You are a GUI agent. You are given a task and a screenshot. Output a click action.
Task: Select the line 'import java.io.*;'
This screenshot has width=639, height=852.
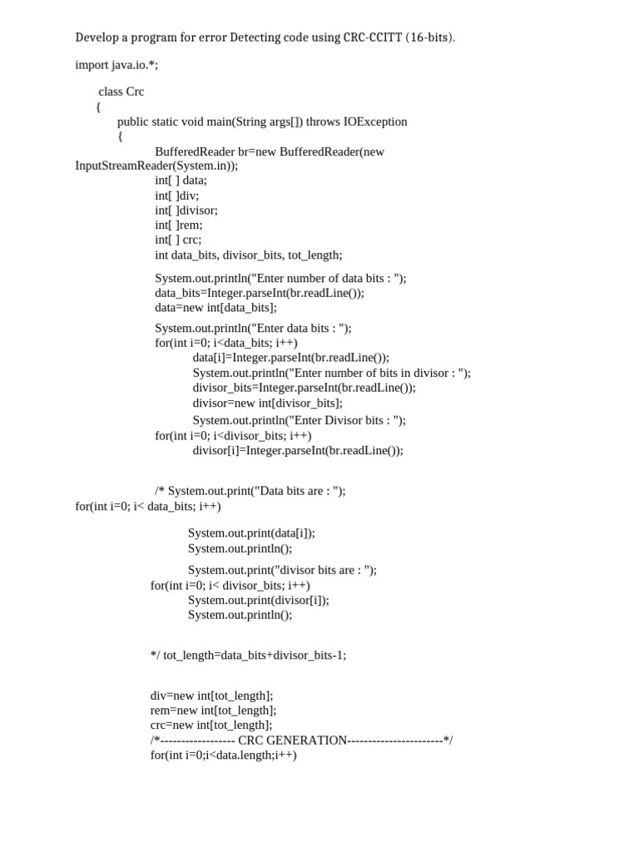click(x=116, y=65)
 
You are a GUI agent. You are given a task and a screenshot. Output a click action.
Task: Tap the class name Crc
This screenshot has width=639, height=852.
click(x=136, y=92)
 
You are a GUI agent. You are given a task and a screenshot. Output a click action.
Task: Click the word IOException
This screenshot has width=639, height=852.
click(x=375, y=121)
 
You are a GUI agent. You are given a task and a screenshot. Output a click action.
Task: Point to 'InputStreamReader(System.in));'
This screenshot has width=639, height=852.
click(x=156, y=166)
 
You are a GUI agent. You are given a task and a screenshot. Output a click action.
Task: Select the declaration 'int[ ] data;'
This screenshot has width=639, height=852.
click(x=181, y=181)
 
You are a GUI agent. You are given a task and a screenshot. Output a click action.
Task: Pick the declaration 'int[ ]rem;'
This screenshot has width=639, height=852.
click(x=179, y=225)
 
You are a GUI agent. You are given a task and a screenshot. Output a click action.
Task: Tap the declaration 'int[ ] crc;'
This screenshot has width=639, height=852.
click(x=178, y=240)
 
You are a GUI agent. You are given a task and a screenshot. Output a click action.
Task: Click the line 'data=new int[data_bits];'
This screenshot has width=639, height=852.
click(x=216, y=308)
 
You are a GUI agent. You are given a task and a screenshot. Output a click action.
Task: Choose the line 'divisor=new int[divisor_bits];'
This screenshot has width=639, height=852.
click(x=267, y=403)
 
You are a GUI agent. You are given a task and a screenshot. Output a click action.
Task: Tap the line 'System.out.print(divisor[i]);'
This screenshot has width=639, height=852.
click(x=258, y=600)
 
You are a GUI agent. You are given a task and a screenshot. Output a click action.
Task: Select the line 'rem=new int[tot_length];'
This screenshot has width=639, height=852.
click(x=213, y=711)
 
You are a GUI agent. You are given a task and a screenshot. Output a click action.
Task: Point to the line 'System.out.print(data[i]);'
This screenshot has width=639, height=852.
click(x=251, y=533)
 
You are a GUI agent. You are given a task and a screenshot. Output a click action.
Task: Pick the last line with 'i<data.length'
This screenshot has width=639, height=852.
click(x=223, y=755)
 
